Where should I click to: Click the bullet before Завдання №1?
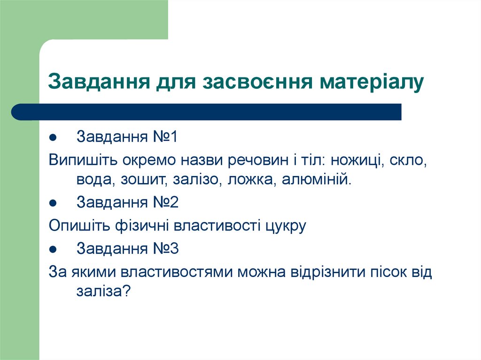coord(53,138)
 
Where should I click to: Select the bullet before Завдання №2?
coord(53,204)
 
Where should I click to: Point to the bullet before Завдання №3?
coord(53,249)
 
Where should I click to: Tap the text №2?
coord(165,203)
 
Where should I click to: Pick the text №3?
coord(165,248)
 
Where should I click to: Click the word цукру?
coord(285,226)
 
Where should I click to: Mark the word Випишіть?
coord(83,161)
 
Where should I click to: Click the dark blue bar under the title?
coord(207,112)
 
